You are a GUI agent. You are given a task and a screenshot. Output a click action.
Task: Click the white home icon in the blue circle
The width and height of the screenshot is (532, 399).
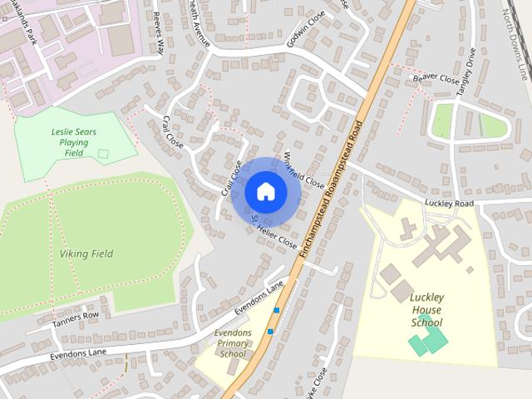[x=265, y=191]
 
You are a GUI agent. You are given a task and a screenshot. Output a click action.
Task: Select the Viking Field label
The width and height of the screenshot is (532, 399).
[x=86, y=253]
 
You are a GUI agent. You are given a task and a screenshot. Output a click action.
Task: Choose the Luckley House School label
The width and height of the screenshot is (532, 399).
[x=427, y=309]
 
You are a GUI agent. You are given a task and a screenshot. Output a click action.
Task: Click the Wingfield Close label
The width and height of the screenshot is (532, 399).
[x=303, y=169]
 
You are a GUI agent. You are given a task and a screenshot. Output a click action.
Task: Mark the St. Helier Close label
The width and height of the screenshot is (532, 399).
[x=273, y=232]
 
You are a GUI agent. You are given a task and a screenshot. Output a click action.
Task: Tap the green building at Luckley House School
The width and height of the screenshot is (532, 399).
[x=430, y=338]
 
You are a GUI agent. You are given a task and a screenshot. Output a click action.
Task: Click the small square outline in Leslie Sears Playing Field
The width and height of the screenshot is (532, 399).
[x=103, y=154]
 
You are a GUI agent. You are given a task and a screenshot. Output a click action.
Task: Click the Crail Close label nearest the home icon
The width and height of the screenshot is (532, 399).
[x=231, y=178]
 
